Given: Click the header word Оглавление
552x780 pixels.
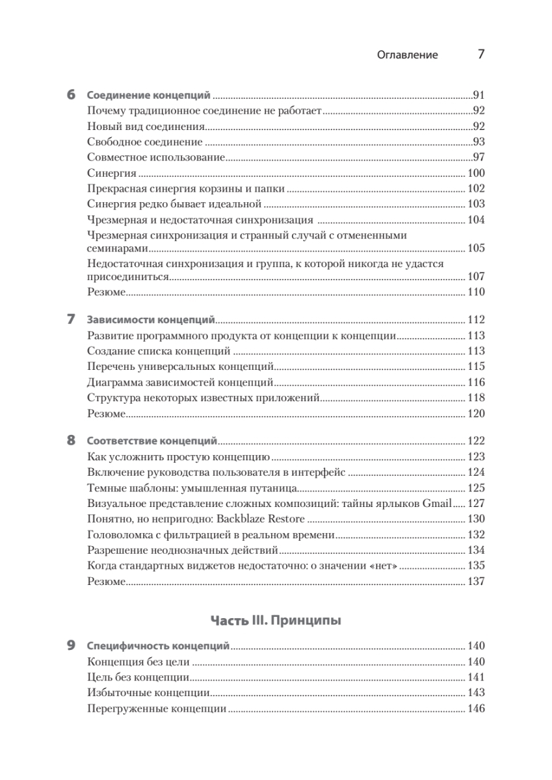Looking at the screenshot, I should coord(407,55).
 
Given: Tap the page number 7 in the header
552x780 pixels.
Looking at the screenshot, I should coord(481,54).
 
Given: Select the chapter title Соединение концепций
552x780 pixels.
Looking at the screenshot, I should coord(148,95).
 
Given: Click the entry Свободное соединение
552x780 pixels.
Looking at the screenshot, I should coord(144,142).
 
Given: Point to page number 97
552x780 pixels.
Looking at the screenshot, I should coord(479,157).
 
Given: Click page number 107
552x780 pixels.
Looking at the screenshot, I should coord(476,277).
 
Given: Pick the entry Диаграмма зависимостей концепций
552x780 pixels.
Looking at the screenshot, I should coord(180,382).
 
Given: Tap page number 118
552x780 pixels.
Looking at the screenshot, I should coord(476,398).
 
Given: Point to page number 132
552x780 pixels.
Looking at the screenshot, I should coord(476,534).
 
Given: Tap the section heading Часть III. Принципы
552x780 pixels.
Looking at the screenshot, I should coord(276,620).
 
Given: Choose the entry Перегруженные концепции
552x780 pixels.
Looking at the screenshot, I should coord(156,708).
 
